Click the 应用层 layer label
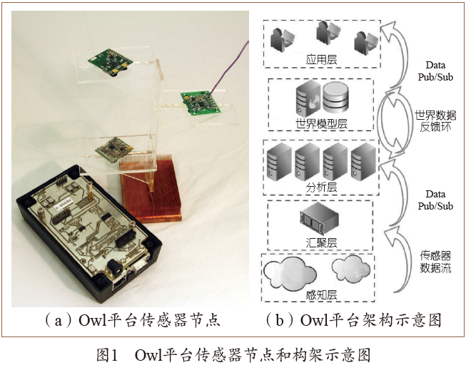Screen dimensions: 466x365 (322, 59)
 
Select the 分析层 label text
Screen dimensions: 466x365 (322, 187)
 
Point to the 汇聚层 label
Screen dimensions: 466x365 (322, 242)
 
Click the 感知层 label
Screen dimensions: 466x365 (322, 295)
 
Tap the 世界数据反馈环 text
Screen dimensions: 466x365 (435, 121)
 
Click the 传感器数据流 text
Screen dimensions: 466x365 (435, 262)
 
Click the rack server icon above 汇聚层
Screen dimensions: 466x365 (319, 219)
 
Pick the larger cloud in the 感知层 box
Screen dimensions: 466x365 (290, 274)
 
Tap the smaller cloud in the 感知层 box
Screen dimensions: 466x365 (351, 267)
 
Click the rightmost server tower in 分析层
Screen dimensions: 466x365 (363, 162)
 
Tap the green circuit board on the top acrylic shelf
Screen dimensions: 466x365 (111, 61)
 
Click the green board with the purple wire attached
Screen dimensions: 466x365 (201, 102)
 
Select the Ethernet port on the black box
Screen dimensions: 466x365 (119, 284)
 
